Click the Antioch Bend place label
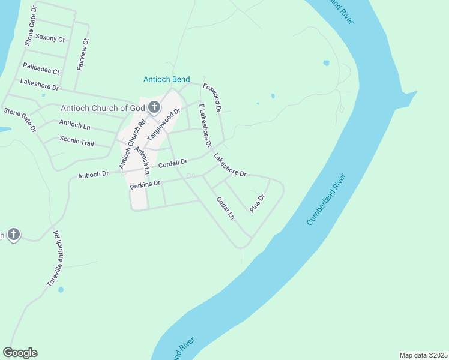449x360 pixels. click(x=167, y=79)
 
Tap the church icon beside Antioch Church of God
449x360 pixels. click(x=154, y=108)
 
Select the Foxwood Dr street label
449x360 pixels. click(x=213, y=98)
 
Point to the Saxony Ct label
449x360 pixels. click(x=50, y=38)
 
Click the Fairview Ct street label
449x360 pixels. click(x=83, y=55)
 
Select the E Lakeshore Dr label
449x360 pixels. click(x=205, y=125)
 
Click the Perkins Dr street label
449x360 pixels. click(x=145, y=184)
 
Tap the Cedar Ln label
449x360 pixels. click(x=225, y=208)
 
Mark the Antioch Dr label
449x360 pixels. click(x=93, y=175)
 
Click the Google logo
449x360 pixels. click(x=20, y=352)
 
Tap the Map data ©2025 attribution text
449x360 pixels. click(x=423, y=355)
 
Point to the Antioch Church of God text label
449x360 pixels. click(x=103, y=108)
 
